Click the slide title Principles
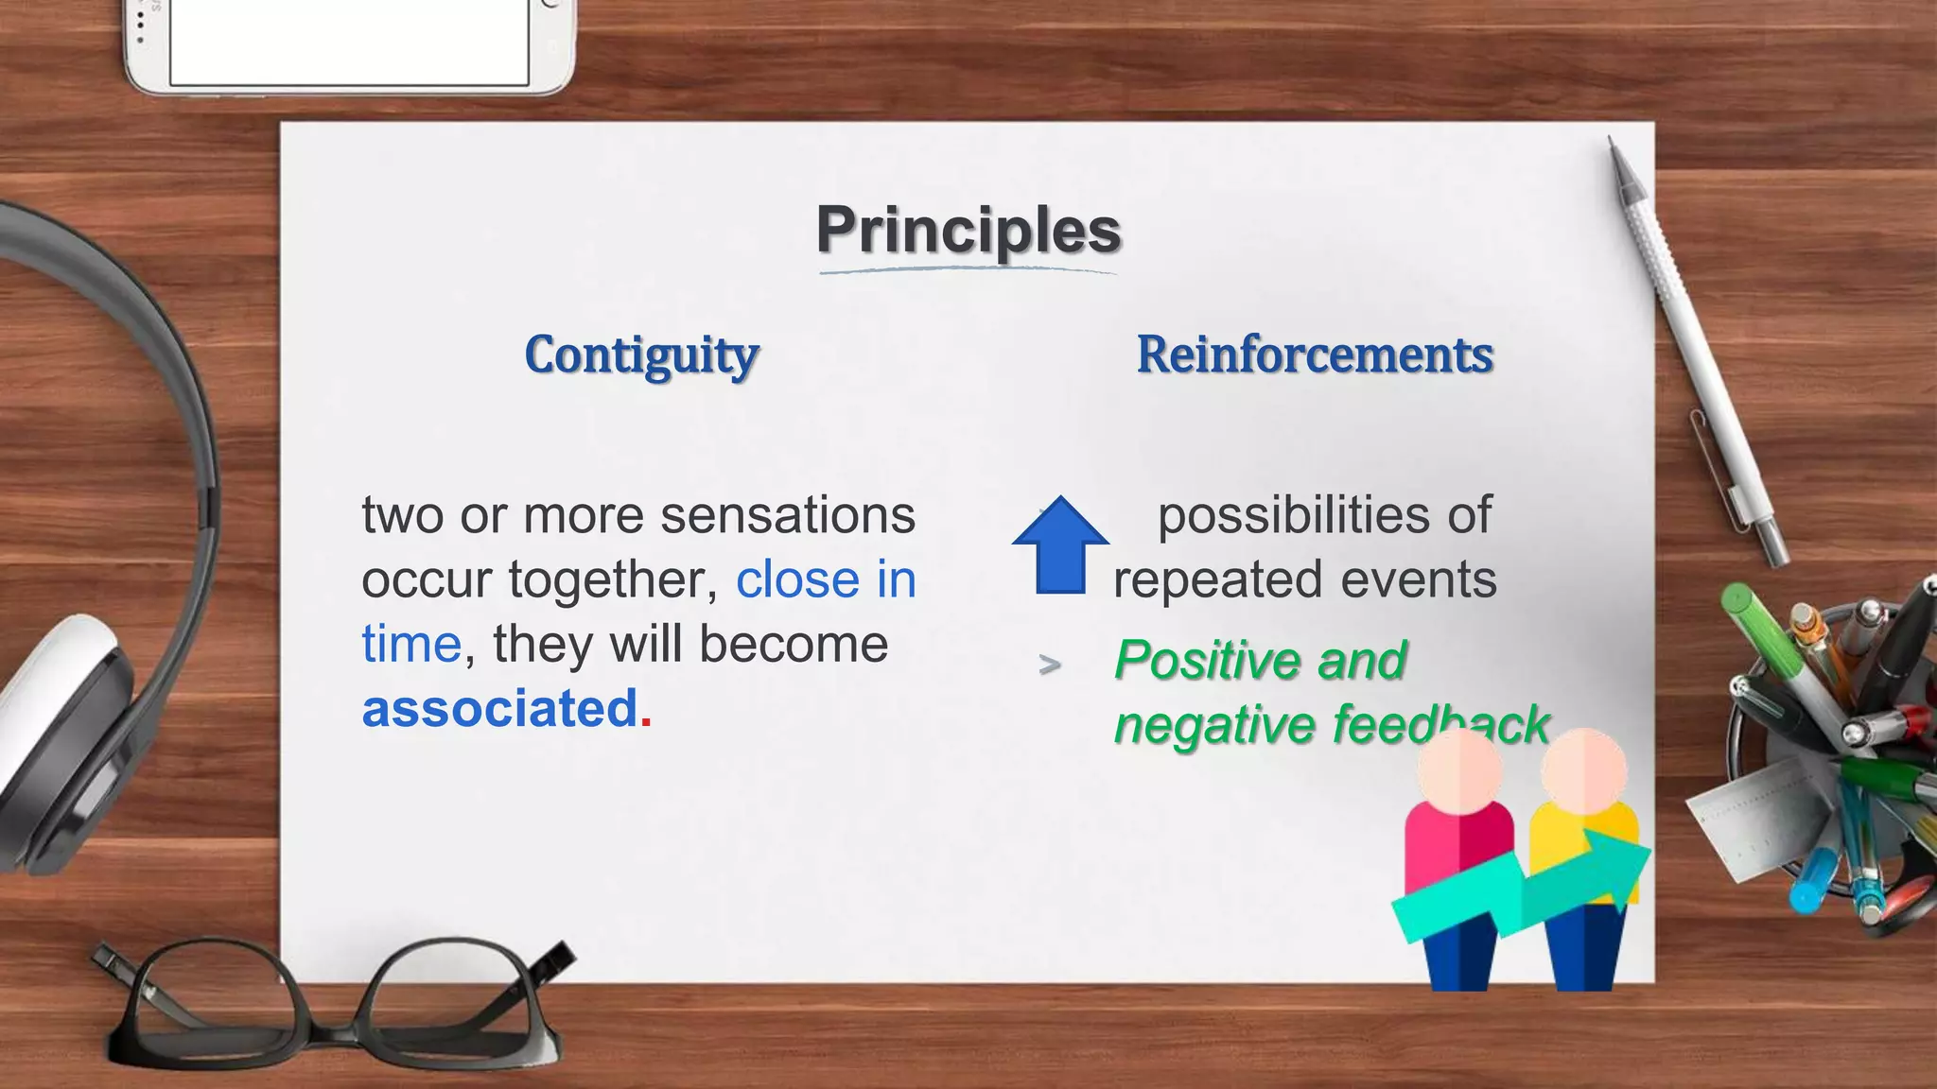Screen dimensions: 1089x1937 968,230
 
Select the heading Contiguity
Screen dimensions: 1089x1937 641,355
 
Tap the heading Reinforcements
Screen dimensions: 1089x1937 1315,355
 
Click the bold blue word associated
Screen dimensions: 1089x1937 499,709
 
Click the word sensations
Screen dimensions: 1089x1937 787,516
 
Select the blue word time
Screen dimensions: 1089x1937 410,645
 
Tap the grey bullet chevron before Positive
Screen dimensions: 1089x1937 1049,665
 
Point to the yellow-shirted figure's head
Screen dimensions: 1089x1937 1583,768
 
